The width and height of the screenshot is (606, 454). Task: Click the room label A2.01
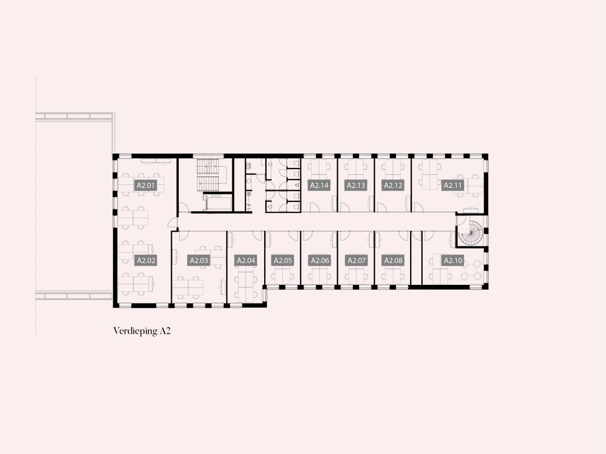[146, 185]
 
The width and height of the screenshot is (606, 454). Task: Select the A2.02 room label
[146, 260]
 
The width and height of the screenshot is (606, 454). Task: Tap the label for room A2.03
[199, 260]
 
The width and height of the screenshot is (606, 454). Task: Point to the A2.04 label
[246, 260]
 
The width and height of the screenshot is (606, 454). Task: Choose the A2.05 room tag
[282, 260]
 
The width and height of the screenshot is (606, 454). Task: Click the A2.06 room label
[320, 260]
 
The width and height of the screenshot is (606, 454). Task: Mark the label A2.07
[357, 260]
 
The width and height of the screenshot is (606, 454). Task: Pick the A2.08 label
[393, 260]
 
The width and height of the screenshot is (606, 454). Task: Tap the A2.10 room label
[453, 260]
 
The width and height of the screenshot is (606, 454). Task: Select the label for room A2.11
[453, 185]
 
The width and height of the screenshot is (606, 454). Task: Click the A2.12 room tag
[393, 185]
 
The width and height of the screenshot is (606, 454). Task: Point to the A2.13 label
[356, 185]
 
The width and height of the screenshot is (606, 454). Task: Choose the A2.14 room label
[319, 185]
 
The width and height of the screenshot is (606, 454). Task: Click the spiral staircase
[471, 233]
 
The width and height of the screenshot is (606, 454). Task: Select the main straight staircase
[208, 175]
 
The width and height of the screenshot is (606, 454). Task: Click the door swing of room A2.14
[315, 207]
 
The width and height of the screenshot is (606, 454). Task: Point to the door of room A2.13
[345, 207]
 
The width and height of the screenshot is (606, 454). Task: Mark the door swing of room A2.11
[419, 207]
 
